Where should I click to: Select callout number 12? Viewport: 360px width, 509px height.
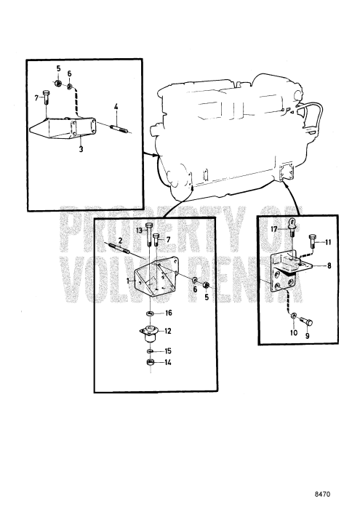pyautogui.click(x=167, y=330)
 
